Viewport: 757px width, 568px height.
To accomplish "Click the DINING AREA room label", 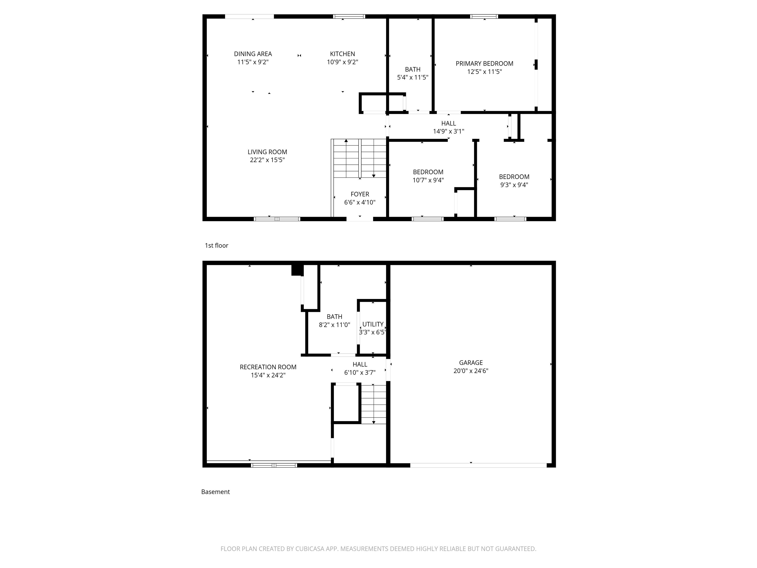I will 253,54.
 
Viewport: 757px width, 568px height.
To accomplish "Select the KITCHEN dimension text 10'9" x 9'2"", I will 342,62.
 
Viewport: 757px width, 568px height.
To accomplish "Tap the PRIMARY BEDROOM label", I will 484,64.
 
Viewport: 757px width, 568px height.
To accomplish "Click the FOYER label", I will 360,194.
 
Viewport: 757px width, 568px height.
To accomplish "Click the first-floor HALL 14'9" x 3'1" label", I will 448,127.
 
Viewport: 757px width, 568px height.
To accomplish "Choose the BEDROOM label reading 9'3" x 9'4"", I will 514,180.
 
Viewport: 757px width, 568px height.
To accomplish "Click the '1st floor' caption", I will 216,246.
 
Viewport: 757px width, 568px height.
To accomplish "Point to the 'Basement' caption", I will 215,492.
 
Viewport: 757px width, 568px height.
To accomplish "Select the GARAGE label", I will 471,363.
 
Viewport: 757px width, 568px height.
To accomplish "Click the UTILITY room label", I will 373,324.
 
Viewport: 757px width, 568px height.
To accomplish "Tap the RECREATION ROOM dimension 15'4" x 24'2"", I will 268,375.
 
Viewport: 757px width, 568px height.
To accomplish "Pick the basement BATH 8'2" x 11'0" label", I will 334,320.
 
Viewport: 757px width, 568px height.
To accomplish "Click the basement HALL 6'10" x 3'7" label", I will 360,368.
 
